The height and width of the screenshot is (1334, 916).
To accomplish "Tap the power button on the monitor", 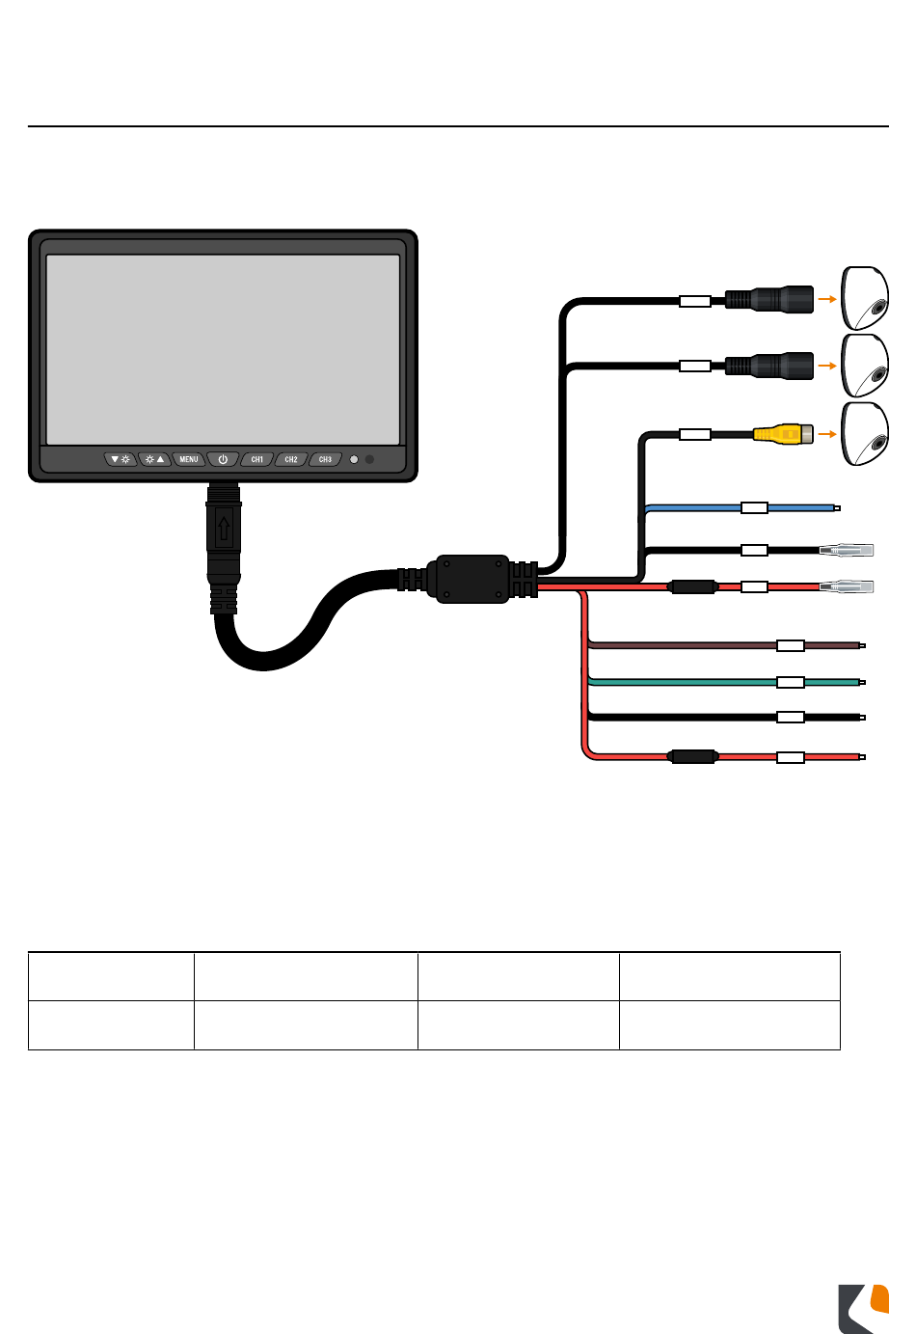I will click(223, 459).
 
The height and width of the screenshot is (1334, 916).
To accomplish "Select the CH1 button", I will click(257, 459).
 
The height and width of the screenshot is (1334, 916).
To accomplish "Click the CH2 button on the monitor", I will click(291, 459).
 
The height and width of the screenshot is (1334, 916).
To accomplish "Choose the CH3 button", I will click(326, 459).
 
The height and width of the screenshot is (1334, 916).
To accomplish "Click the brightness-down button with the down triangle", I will click(121, 459).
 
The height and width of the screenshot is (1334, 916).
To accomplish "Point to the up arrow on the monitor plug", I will click(224, 529).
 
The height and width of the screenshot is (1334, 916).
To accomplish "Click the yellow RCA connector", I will click(783, 435).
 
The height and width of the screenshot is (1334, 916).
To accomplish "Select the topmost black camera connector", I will click(769, 299).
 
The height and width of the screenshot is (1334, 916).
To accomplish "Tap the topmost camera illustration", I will click(865, 298).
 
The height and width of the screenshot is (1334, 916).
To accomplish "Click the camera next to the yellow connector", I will click(865, 434).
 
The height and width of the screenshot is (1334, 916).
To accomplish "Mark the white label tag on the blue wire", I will click(754, 507).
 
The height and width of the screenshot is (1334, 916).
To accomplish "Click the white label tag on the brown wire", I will click(791, 645).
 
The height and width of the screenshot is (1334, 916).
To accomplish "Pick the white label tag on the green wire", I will click(791, 682).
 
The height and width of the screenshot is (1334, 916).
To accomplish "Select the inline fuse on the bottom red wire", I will click(693, 757).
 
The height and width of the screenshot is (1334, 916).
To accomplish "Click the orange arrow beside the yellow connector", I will click(826, 435).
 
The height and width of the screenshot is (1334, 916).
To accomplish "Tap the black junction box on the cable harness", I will click(471, 579).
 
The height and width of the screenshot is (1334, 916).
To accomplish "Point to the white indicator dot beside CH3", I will click(354, 459).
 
